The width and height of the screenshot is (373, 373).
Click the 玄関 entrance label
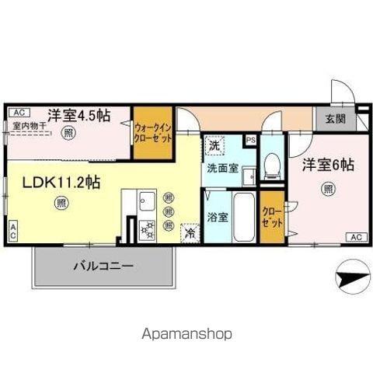(x=335, y=119)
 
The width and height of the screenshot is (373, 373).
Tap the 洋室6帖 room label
(x=329, y=165)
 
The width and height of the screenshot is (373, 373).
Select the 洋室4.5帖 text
(x=78, y=115)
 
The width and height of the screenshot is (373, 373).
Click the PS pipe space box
(x=249, y=141)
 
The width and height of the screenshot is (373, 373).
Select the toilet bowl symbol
(x=271, y=165)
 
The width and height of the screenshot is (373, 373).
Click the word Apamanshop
(x=186, y=334)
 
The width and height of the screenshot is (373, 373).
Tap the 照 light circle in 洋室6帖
(x=329, y=188)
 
